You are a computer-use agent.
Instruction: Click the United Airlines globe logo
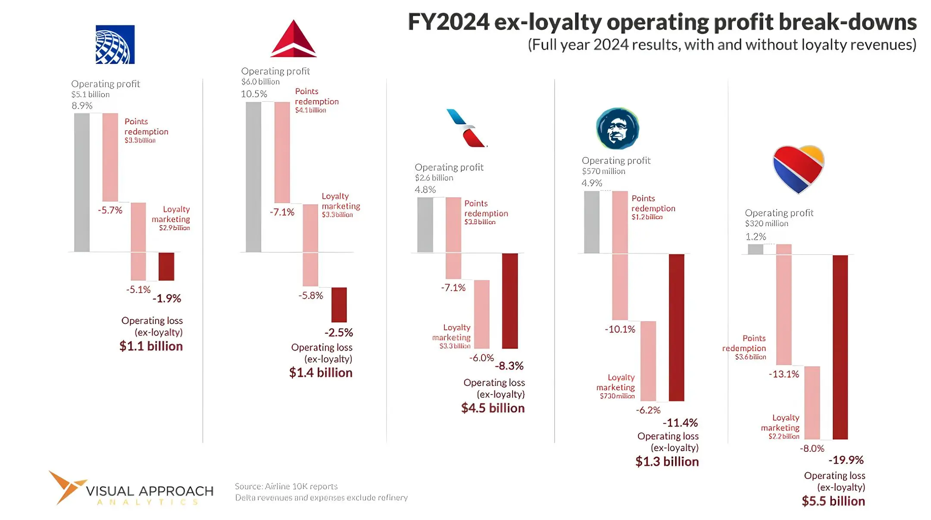coord(115,44)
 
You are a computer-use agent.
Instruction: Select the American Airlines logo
coord(467,128)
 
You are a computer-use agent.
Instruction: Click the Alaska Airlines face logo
coord(617,128)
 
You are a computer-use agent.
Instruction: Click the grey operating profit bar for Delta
coord(253,177)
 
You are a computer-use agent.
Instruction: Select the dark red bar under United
coord(166,266)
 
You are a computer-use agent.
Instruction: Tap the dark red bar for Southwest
coord(840,347)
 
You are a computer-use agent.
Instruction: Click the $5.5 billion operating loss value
coord(833,501)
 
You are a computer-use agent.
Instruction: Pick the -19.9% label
coord(846,460)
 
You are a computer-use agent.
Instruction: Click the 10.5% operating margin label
coord(254,94)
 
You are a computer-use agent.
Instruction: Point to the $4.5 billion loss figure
coord(493,408)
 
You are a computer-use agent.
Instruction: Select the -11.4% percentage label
coord(680,423)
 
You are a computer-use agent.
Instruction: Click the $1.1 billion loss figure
coord(151,346)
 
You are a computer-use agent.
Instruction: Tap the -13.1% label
coord(784,374)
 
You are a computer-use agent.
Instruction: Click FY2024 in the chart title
coord(448,22)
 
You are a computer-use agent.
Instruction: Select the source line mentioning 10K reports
coord(286,486)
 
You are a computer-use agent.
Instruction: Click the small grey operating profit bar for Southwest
coord(755,249)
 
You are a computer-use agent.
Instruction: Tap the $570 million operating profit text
coord(603,171)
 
